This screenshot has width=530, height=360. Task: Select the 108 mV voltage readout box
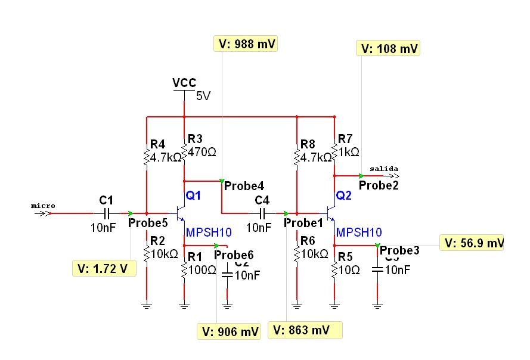[388, 48]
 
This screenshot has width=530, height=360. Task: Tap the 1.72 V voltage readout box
[103, 269]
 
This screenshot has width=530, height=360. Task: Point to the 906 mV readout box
[230, 331]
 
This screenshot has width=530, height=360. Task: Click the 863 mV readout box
[306, 330]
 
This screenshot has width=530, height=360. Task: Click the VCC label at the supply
[184, 83]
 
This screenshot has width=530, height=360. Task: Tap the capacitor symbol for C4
[262, 213]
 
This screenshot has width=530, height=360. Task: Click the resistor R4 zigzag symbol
[146, 157]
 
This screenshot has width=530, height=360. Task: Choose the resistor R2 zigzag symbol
[146, 252]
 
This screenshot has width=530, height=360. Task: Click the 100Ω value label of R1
[202, 270]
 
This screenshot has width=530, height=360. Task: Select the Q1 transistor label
[193, 195]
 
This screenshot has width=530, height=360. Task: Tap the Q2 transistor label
[344, 195]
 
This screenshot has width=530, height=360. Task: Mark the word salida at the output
[383, 169]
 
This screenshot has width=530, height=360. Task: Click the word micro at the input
[43, 206]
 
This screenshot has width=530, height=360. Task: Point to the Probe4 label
[243, 186]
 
